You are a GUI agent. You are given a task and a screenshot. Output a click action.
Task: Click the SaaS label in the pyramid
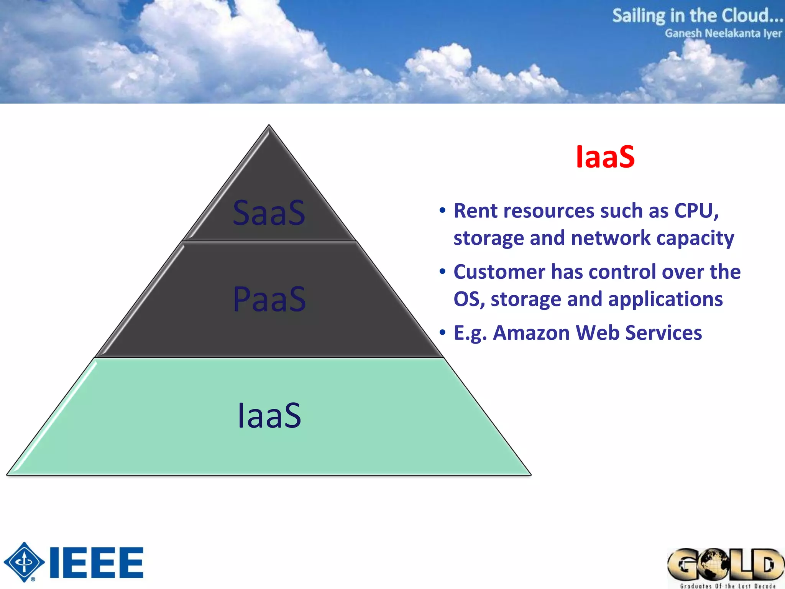269,213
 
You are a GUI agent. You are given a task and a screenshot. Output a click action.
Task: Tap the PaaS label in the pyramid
269,299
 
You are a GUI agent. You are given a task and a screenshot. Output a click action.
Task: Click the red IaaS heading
605,157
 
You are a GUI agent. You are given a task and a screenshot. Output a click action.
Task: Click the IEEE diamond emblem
24,562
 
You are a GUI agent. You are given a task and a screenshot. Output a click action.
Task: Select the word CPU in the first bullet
696,211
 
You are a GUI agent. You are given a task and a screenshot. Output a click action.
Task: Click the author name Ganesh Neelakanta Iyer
723,33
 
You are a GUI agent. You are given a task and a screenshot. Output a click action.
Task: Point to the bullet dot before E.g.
443,332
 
